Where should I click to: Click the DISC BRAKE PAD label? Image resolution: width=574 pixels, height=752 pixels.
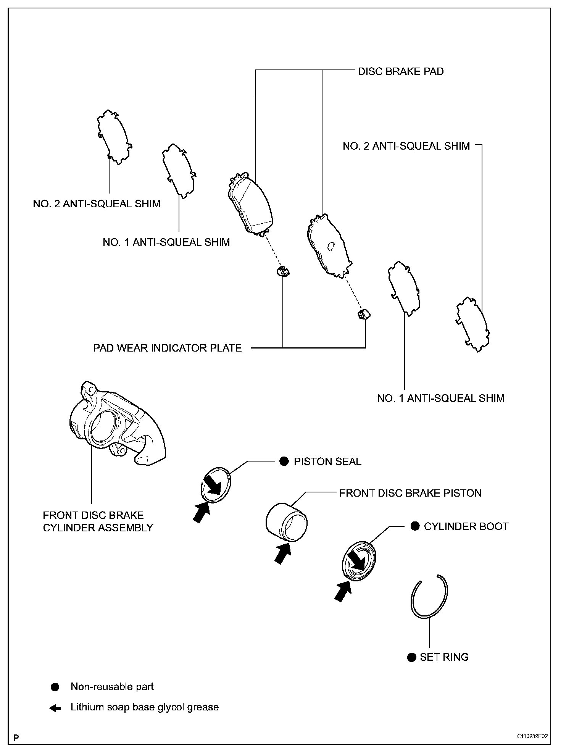click(400, 72)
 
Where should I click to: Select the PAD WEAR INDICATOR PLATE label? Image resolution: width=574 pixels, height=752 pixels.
click(167, 348)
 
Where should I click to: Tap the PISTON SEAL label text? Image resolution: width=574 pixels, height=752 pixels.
click(327, 462)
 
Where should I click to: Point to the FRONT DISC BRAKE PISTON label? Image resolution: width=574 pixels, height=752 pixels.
click(410, 493)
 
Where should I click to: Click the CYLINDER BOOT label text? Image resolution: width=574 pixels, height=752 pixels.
click(466, 526)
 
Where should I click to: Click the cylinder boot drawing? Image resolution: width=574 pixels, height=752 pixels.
click(358, 559)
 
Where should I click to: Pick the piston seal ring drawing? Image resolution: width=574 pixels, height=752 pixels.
click(216, 484)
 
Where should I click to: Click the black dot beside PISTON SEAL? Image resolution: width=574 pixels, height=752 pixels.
click(284, 462)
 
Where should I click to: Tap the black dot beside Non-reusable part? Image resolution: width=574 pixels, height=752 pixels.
click(55, 687)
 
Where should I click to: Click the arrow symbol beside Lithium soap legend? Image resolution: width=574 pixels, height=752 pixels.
click(55, 708)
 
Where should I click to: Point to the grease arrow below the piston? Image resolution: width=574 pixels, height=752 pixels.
click(282, 554)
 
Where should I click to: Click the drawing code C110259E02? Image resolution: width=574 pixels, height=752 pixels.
click(533, 736)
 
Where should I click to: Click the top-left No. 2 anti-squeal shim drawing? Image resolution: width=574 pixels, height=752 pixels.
click(113, 137)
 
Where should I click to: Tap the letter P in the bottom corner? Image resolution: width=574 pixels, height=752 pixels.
click(16, 737)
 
